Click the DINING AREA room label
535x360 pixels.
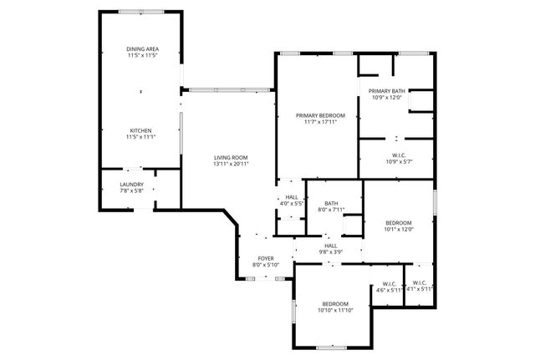pyautogui.click(x=142, y=49)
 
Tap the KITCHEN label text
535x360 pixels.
pyautogui.click(x=140, y=130)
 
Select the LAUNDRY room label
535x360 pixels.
pyautogui.click(x=131, y=185)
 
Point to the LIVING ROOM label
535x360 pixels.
pyautogui.click(x=231, y=158)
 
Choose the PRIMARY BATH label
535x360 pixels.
pyautogui.click(x=386, y=90)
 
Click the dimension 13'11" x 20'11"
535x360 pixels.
pyautogui.click(x=231, y=164)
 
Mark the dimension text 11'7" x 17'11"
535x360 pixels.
pyautogui.click(x=319, y=122)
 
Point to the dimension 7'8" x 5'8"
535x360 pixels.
pyautogui.click(x=131, y=190)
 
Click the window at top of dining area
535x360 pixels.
pyautogui.click(x=140, y=12)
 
